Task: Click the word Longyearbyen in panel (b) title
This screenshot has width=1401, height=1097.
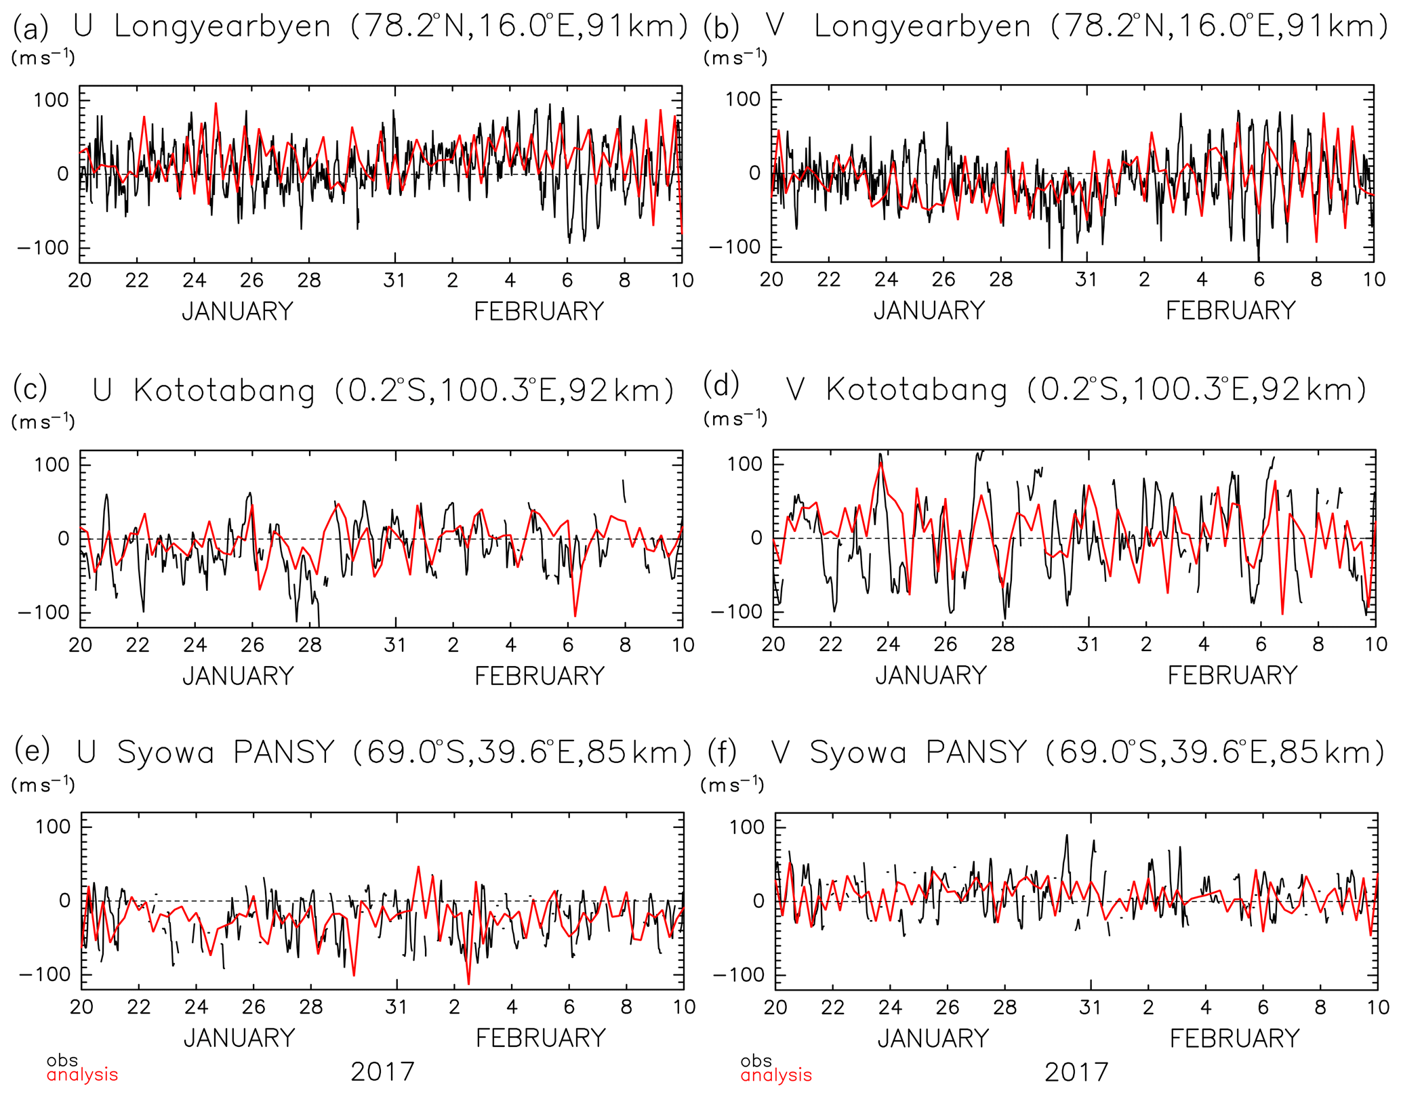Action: coord(922,27)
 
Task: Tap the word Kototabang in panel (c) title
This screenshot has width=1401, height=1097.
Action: coord(224,391)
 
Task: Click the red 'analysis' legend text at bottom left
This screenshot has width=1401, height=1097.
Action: coord(82,1075)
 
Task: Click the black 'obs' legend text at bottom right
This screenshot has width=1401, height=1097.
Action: coord(756,1060)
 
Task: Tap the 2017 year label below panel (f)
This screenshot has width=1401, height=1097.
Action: coord(1076,1073)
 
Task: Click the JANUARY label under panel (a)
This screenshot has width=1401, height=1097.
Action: coord(237,312)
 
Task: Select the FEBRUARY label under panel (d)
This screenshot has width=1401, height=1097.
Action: coord(1232,676)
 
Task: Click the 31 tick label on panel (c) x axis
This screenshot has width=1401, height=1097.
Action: coord(395,644)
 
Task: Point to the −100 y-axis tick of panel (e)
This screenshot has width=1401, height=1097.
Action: coord(45,974)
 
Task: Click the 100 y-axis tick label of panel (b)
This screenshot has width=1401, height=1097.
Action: coord(744,99)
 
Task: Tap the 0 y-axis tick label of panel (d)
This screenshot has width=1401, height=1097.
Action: coord(756,538)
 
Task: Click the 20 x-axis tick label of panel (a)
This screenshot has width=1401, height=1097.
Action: coord(80,281)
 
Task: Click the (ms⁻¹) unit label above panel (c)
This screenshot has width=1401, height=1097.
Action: coord(43,421)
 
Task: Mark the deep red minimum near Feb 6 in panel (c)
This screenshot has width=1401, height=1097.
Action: coord(575,615)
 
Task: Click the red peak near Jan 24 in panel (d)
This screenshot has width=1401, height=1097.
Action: coord(881,463)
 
